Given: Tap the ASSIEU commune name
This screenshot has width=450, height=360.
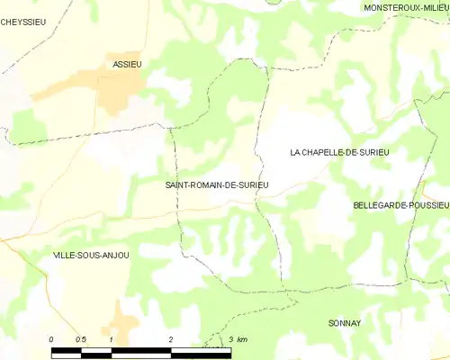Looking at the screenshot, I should pos(127,64).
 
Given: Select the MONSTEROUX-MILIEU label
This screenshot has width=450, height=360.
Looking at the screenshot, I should pos(404,7).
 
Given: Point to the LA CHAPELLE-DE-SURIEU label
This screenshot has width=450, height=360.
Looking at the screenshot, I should pos(338,153).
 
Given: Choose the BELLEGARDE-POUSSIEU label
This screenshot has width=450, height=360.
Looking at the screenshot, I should pos(400,205).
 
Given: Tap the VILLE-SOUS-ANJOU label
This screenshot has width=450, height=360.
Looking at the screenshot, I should pos(91,255).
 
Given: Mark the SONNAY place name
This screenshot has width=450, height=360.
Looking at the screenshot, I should pos(344,321).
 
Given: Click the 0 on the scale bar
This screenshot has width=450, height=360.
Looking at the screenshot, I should pos(52,338).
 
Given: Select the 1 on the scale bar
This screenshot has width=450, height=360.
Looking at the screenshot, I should pos(111,338).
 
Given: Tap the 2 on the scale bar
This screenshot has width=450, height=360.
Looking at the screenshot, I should pos(170,338).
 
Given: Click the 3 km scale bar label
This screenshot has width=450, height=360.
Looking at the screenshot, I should pos(238,338).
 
